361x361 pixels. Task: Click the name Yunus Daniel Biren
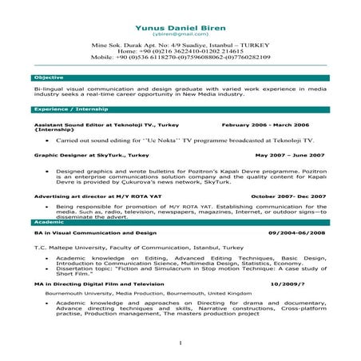180,26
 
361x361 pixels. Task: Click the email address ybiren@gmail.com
180,35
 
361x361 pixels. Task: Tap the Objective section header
44,77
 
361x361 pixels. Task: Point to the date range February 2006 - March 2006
265,125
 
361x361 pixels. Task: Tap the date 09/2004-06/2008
297,232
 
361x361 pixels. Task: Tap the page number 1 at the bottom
180,343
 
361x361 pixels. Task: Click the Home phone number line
180,52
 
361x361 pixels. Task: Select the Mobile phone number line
180,58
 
